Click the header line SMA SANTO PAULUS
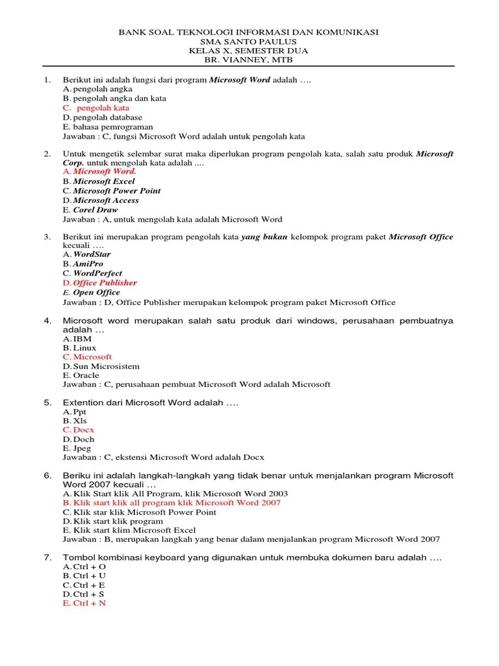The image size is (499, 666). [x=249, y=41]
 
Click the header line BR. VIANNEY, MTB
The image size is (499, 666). [x=249, y=60]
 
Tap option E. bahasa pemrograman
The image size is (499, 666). [x=108, y=127]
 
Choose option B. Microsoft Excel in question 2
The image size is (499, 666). [x=99, y=181]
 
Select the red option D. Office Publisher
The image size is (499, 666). [x=100, y=283]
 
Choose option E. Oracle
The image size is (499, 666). [x=81, y=375]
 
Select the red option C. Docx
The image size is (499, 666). [x=79, y=430]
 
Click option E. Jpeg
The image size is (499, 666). [x=77, y=448]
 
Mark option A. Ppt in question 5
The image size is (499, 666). [x=75, y=412]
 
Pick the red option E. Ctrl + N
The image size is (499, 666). [x=84, y=603]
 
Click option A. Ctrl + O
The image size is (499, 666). [x=84, y=566]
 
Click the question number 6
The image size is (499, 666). [x=47, y=475]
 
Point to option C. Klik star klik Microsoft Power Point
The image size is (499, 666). [x=140, y=512]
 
